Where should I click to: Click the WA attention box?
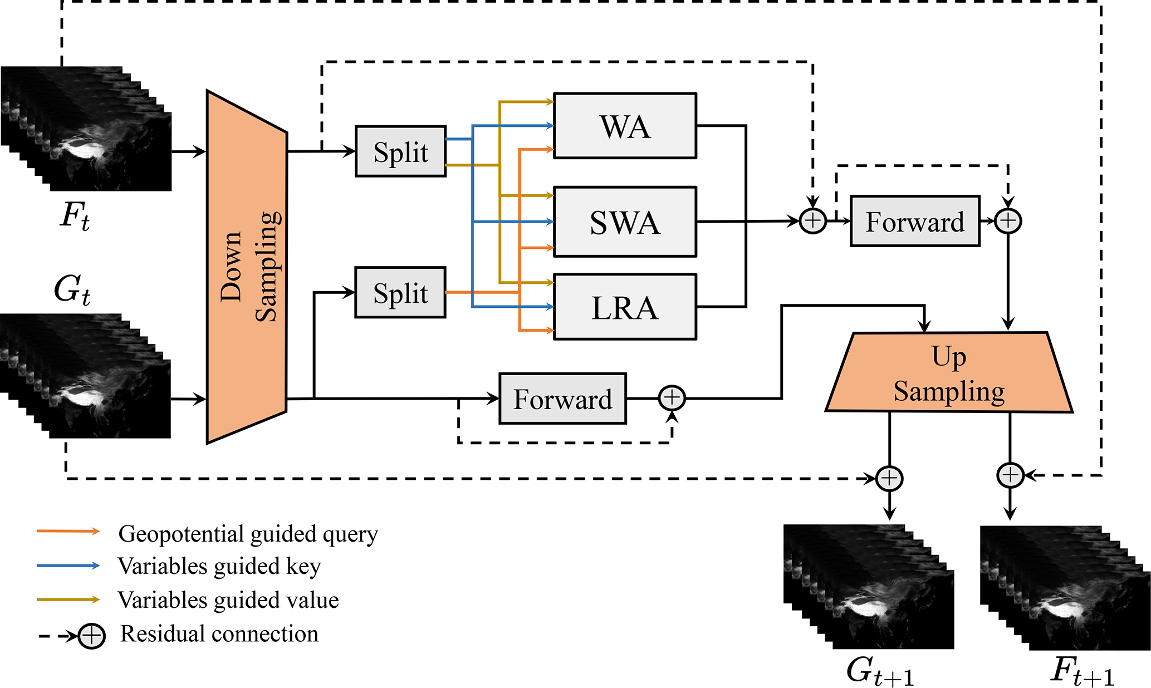point(625,126)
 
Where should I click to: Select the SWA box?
point(625,222)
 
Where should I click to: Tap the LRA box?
point(625,307)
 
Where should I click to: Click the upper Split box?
point(401,151)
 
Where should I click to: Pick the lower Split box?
point(401,293)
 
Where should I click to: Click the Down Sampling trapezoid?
point(247,267)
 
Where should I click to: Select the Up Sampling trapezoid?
point(949,373)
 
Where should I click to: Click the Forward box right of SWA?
point(915,221)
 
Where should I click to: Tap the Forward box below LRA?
point(562,399)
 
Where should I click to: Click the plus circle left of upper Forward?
point(813,221)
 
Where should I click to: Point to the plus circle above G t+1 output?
point(889,478)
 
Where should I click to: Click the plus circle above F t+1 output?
point(1010,476)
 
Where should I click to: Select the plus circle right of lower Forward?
point(672,398)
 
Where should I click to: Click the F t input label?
point(75,216)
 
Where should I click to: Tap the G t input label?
point(72,290)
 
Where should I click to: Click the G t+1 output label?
point(880,671)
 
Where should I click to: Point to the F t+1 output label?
point(1083,671)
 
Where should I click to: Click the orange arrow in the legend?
point(68,532)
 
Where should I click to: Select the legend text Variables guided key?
point(219,566)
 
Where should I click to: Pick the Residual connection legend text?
point(219,634)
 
